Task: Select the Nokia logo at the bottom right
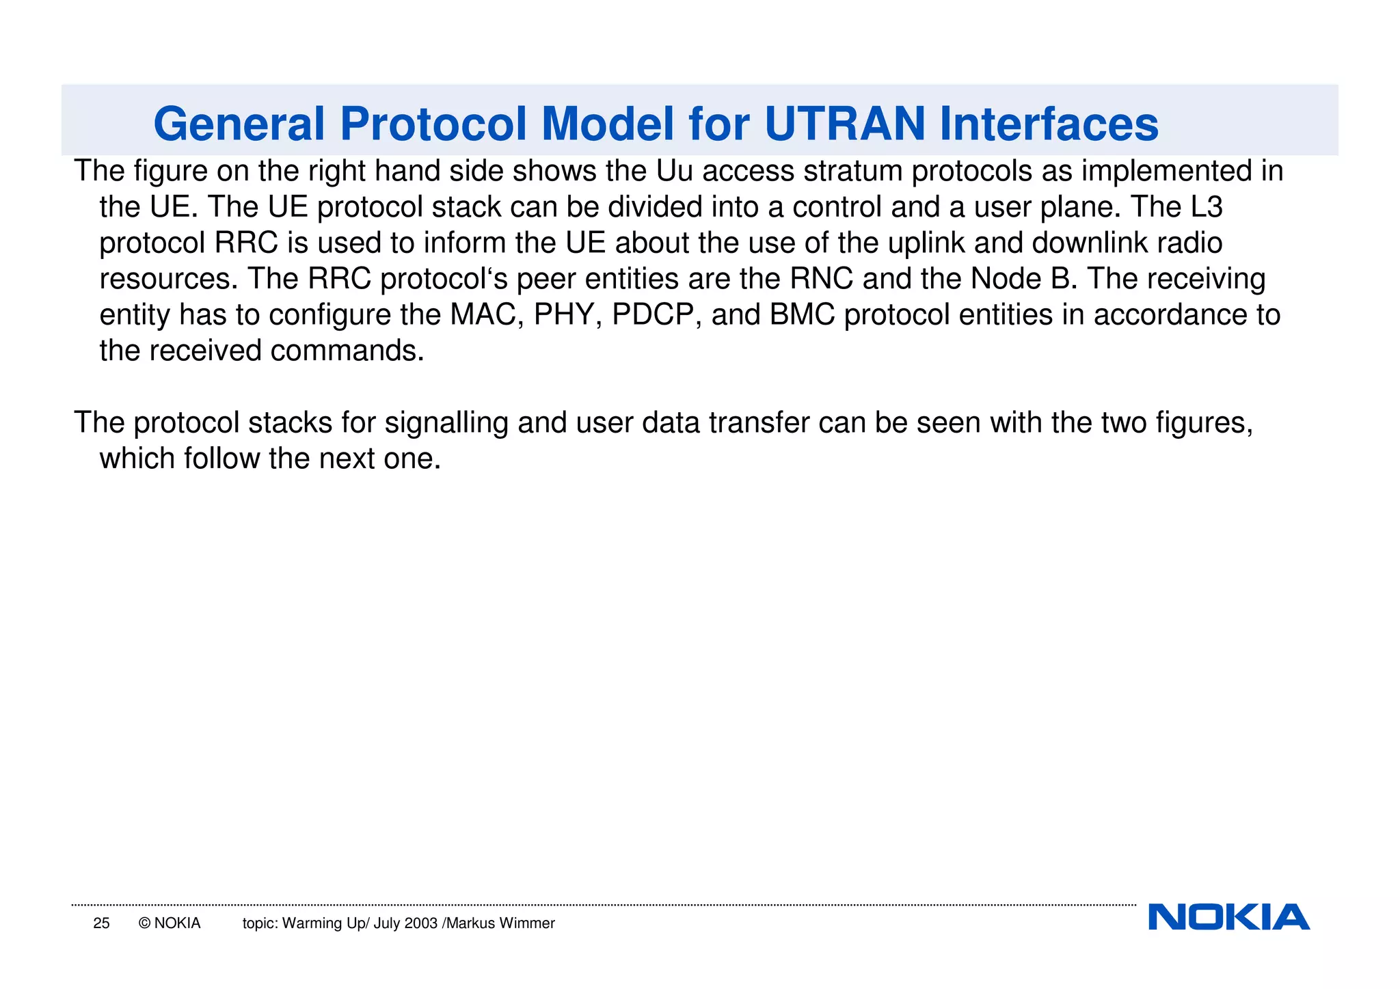pyautogui.click(x=1228, y=917)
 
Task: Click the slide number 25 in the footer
pyautogui.click(x=101, y=923)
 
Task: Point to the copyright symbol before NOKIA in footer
pyautogui.click(x=144, y=923)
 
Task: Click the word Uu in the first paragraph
pyautogui.click(x=674, y=171)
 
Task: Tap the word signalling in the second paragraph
pyautogui.click(x=446, y=423)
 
